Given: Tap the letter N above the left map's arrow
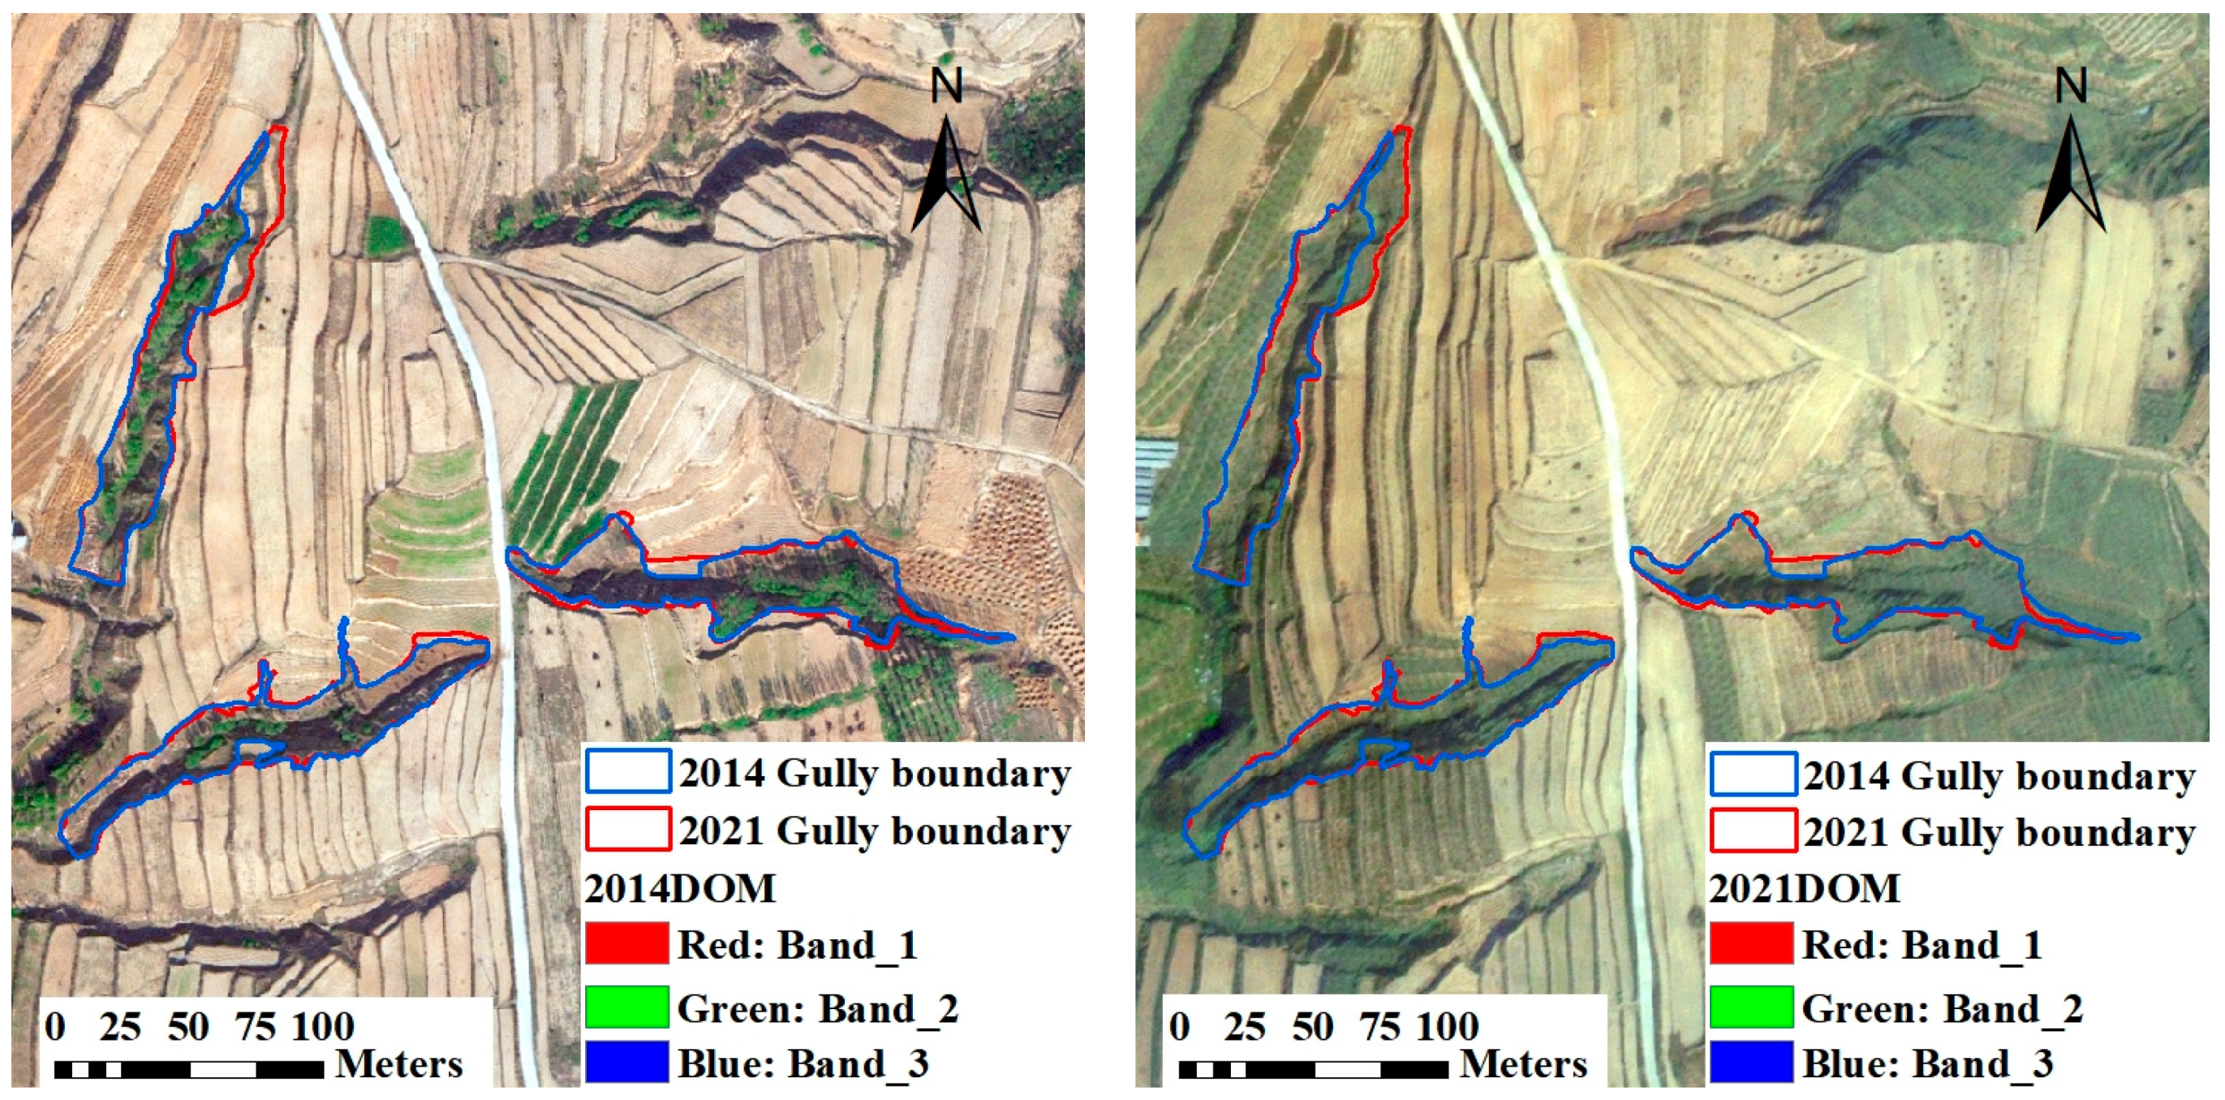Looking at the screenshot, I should point(946,85).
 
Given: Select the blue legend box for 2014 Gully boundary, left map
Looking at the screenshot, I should point(628,770).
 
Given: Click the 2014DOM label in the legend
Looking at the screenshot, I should point(681,888).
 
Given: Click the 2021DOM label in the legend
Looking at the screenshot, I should point(1805,888).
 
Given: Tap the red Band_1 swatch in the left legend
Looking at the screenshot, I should point(627,943).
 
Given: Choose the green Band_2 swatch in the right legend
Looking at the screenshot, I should point(1752,1007).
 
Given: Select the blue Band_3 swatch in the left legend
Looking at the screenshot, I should point(627,1062).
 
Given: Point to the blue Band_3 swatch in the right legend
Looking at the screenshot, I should point(1752,1062).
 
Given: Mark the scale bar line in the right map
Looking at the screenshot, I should point(1313,1070).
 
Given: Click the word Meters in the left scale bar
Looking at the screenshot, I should point(399,1063).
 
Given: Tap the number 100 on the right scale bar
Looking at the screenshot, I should point(1448,1027).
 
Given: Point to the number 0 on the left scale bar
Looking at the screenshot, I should point(55,1027).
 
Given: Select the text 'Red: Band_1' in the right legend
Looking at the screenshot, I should point(1922,944).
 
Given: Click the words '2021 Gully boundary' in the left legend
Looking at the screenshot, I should point(875,831).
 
